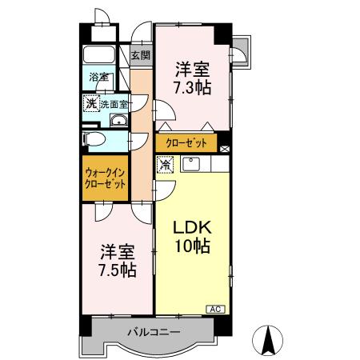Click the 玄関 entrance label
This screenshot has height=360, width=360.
tap(141, 56)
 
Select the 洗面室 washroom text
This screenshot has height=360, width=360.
tap(115, 104)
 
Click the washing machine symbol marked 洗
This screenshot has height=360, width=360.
tap(92, 104)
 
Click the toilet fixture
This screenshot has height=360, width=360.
tap(94, 138)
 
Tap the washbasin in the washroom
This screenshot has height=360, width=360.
tap(119, 121)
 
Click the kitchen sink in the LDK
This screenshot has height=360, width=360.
tap(191, 164)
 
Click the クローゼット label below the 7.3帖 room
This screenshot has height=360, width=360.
tap(186, 143)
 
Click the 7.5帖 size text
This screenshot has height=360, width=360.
tap(117, 270)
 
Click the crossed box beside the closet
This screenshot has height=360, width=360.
tap(224, 148)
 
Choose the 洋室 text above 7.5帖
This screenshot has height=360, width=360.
tap(117, 250)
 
